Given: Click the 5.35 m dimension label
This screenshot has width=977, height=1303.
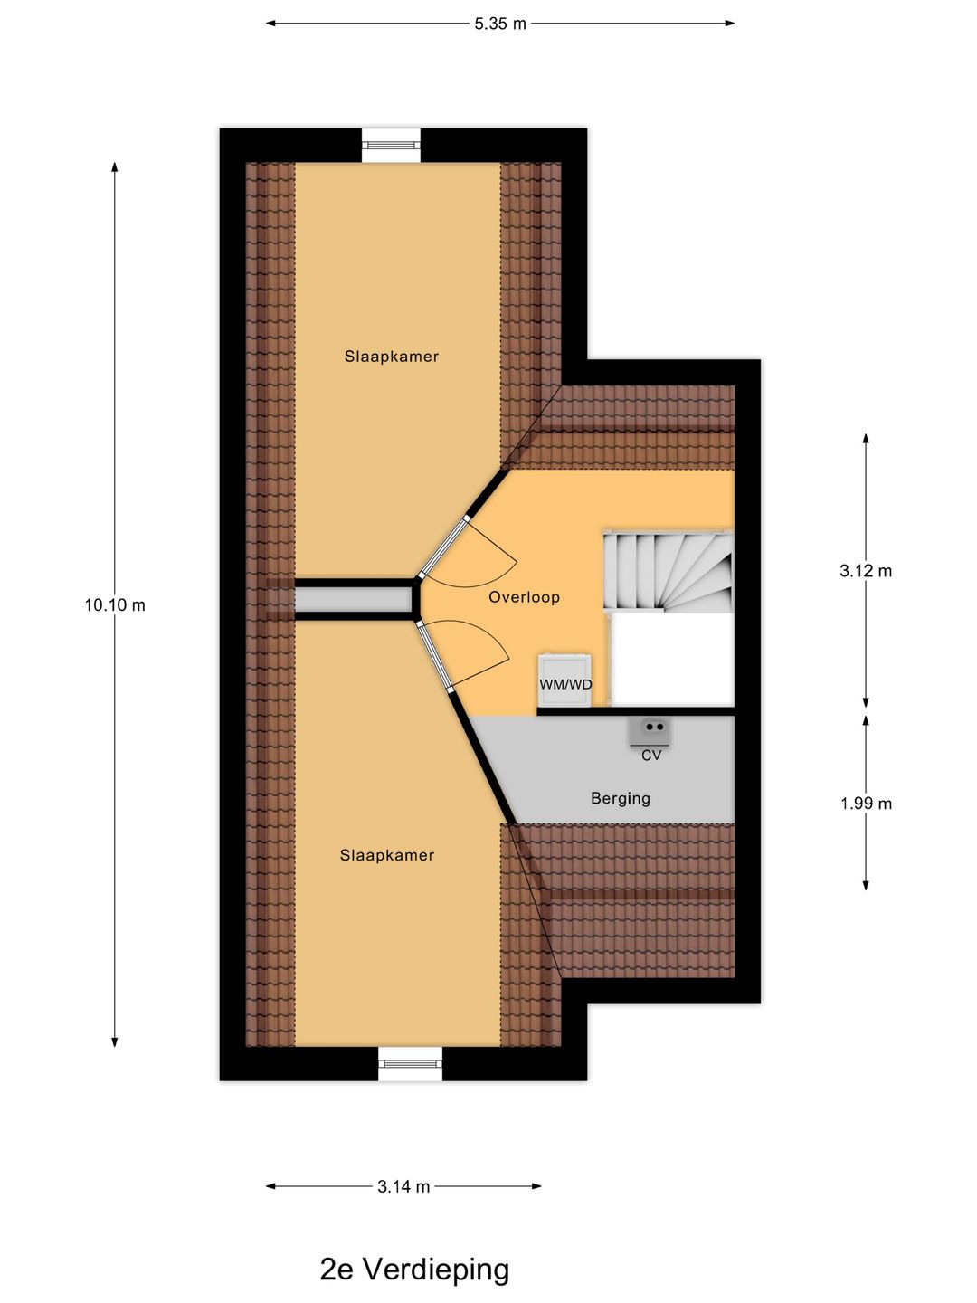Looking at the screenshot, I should click(499, 24).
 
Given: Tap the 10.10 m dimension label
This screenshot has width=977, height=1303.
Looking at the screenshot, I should click(115, 604).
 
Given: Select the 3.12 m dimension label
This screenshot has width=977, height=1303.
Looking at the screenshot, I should click(866, 570).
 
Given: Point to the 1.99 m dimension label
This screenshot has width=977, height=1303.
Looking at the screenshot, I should click(866, 803).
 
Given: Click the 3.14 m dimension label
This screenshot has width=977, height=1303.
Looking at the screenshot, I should click(403, 1186).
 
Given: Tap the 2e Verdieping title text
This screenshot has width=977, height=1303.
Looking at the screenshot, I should click(414, 1270).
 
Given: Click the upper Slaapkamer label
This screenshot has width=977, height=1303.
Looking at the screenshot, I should click(391, 357).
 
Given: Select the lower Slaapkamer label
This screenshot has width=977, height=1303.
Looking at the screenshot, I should click(387, 855).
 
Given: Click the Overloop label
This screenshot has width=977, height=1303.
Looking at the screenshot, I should click(524, 597).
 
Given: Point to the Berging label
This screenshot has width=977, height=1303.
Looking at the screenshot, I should click(620, 798).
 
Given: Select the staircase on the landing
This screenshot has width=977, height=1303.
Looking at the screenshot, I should click(669, 572).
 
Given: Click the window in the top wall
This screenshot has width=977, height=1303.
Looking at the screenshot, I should click(392, 145).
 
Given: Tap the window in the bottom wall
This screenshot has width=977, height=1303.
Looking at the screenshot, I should click(410, 1063).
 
